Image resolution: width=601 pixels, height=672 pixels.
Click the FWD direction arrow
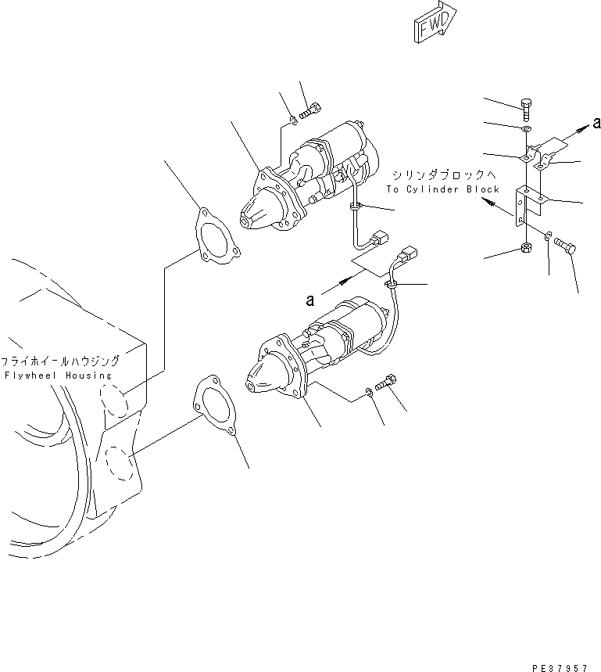point(431,22)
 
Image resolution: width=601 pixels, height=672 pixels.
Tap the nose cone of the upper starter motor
point(259,212)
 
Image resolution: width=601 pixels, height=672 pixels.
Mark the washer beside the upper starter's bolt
point(292,120)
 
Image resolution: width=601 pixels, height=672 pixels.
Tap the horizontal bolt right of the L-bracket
point(567,246)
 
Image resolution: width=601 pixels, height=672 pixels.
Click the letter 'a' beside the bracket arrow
point(596,122)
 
